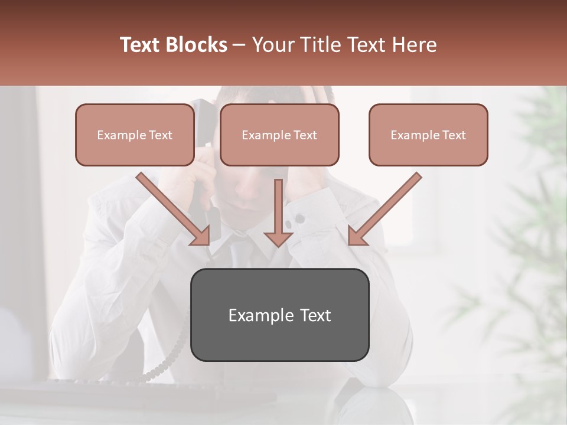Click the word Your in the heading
[x=274, y=45]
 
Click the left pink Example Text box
[x=135, y=135]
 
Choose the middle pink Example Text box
[x=279, y=135]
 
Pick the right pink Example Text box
[x=428, y=135]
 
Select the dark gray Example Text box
[x=279, y=315]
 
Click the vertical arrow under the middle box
[x=278, y=212]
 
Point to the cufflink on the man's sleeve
[x=299, y=220]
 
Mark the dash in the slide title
[x=240, y=45]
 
